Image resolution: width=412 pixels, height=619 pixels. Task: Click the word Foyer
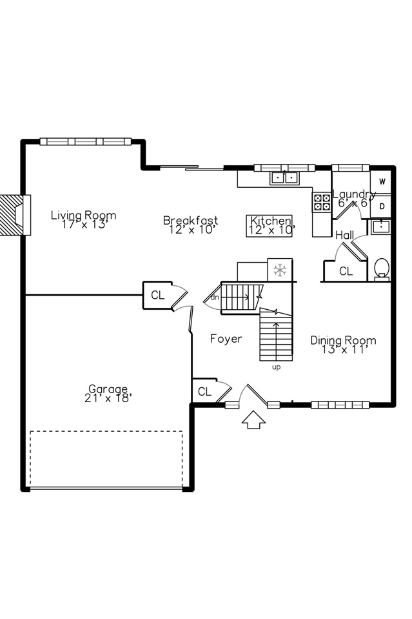[x=226, y=339]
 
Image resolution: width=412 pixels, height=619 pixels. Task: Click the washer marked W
[x=382, y=182]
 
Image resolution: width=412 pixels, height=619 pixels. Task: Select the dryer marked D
[x=382, y=207]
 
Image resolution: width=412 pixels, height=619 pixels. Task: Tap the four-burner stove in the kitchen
[x=322, y=202]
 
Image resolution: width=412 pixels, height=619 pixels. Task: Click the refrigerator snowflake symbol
[x=280, y=270]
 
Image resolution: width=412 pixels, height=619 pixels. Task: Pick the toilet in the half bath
[x=381, y=269]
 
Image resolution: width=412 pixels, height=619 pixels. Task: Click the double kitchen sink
[x=284, y=178]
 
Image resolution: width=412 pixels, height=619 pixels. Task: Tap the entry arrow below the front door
[x=253, y=420]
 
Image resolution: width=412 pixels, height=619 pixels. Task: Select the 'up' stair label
[x=277, y=367]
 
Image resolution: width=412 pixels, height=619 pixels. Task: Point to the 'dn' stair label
[x=215, y=298]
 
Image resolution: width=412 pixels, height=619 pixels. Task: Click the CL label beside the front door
[x=204, y=392]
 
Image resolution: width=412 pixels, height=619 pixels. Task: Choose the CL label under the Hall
[x=346, y=271]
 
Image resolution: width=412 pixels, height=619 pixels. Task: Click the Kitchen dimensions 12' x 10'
[x=271, y=230]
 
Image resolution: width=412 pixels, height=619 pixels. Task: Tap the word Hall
[x=344, y=236]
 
